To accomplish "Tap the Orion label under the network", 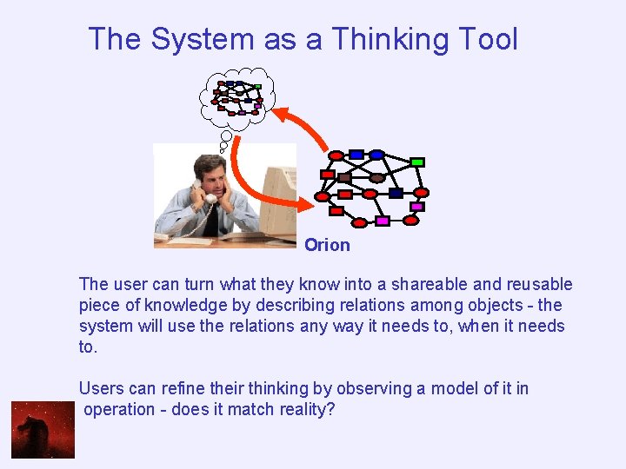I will pyautogui.click(x=327, y=245).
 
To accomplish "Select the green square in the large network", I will pyautogui.click(x=417, y=162).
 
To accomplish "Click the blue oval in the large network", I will pyautogui.click(x=376, y=155).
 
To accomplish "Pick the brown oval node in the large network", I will pyautogui.click(x=376, y=177).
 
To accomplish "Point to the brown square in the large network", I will pyautogui.click(x=344, y=177).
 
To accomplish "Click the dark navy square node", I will pyautogui.click(x=396, y=193).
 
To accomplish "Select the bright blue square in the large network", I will pyautogui.click(x=356, y=155).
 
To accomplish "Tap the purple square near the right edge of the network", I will pyautogui.click(x=417, y=207).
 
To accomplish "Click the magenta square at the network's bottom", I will pyautogui.click(x=382, y=221).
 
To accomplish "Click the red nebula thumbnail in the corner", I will pyautogui.click(x=43, y=430).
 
